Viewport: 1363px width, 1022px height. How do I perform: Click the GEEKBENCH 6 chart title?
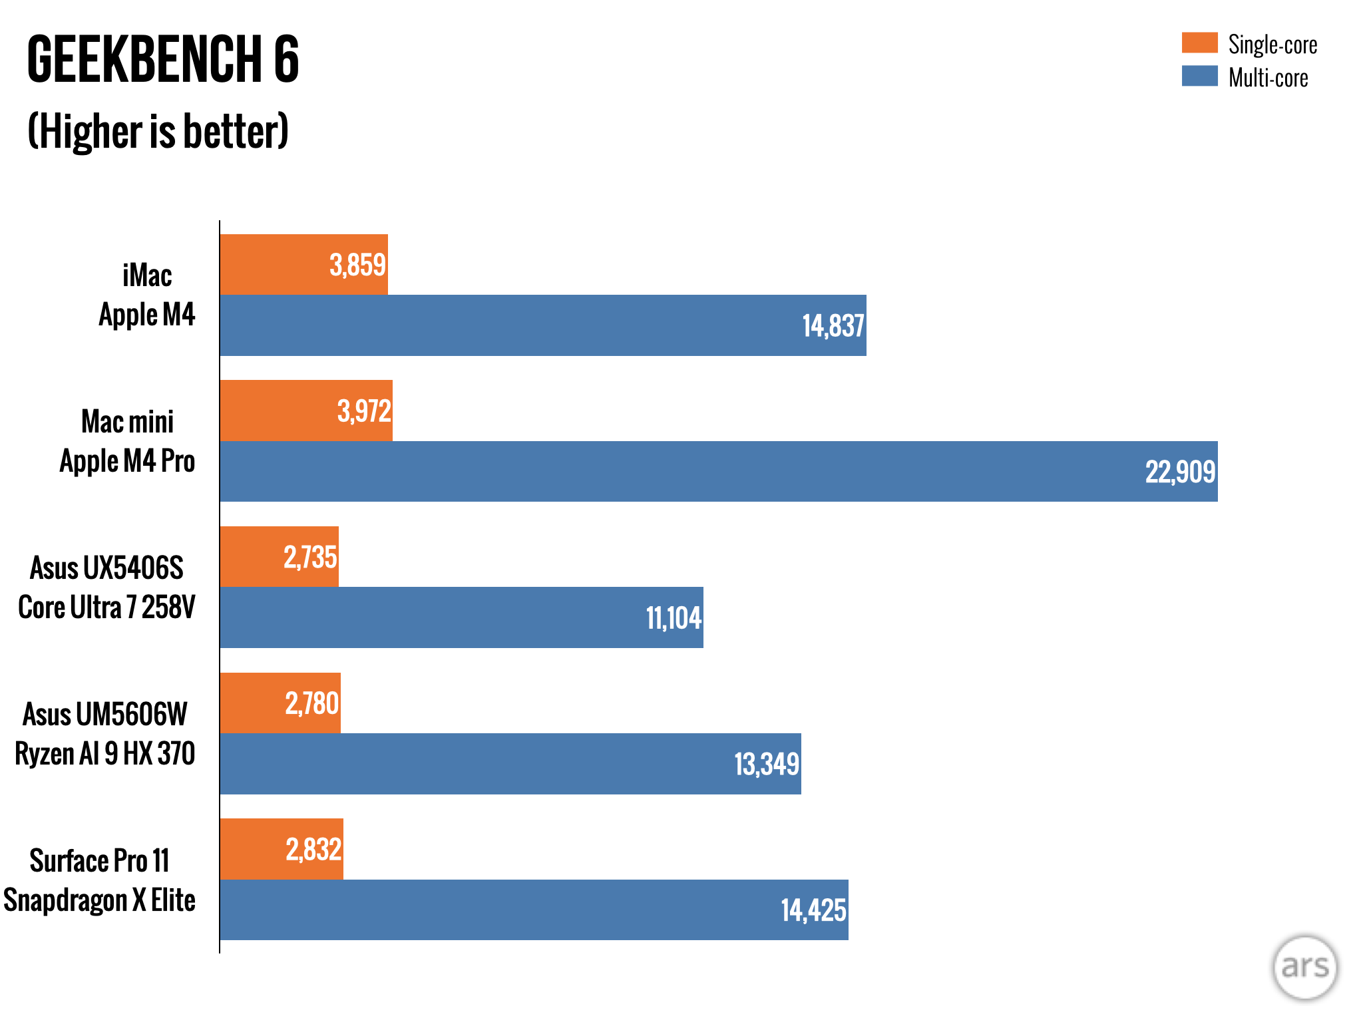pyautogui.click(x=163, y=60)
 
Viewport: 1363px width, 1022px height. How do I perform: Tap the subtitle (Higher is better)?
pyautogui.click(x=158, y=131)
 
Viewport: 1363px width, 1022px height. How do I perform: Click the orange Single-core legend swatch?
pyautogui.click(x=1199, y=43)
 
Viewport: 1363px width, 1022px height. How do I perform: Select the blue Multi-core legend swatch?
pyautogui.click(x=1199, y=76)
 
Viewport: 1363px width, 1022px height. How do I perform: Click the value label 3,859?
pyautogui.click(x=357, y=265)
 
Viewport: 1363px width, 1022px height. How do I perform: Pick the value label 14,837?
pyautogui.click(x=833, y=326)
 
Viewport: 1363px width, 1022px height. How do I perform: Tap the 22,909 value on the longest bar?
pyautogui.click(x=1180, y=472)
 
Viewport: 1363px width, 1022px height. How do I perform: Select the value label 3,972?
pyautogui.click(x=364, y=411)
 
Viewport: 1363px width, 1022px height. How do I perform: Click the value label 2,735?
pyautogui.click(x=310, y=558)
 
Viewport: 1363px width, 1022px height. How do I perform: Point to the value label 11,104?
pyautogui.click(x=674, y=618)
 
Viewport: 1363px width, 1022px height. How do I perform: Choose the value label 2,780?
pyautogui.click(x=312, y=703)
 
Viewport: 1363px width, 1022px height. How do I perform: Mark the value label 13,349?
pyautogui.click(x=766, y=765)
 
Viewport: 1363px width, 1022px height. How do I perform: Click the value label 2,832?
pyautogui.click(x=313, y=850)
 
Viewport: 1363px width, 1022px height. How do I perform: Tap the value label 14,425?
pyautogui.click(x=813, y=910)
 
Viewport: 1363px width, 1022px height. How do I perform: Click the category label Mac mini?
pyautogui.click(x=127, y=422)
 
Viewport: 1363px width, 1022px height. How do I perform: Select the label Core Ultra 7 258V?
pyautogui.click(x=106, y=607)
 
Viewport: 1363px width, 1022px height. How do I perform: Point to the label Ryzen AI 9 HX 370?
pyautogui.click(x=105, y=754)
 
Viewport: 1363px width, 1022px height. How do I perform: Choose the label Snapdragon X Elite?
pyautogui.click(x=99, y=900)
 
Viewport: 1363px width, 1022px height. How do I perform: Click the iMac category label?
pyautogui.click(x=147, y=275)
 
